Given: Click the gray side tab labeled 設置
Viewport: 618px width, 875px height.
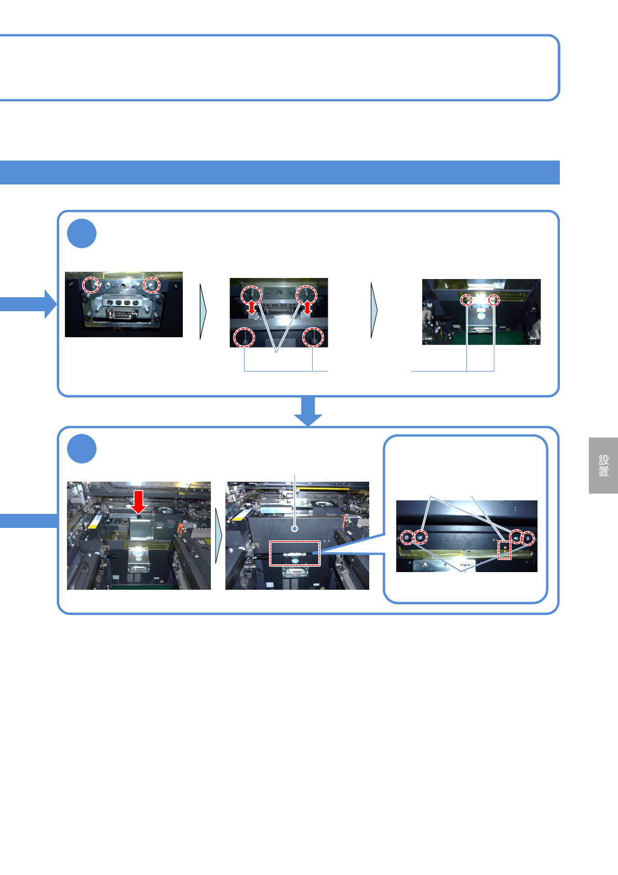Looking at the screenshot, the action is click(x=603, y=466).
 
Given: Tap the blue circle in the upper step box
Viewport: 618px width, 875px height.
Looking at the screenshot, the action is click(x=82, y=234).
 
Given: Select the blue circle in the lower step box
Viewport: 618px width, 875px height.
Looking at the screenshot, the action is click(x=82, y=449).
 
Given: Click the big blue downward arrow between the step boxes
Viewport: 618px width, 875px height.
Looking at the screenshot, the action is click(x=308, y=411).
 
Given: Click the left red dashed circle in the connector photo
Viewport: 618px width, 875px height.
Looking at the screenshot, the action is click(x=92, y=285).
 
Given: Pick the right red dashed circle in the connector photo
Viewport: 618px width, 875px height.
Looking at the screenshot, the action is click(x=152, y=285).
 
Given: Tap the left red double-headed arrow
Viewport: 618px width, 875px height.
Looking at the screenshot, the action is click(x=252, y=307).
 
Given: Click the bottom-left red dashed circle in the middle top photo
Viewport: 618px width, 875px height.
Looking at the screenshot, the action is click(x=244, y=337).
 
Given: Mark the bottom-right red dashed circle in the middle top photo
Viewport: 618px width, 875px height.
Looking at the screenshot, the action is click(x=313, y=337).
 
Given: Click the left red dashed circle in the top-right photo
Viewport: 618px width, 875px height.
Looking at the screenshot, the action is click(x=466, y=300).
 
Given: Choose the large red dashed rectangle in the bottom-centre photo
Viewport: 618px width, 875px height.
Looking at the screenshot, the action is click(x=294, y=553).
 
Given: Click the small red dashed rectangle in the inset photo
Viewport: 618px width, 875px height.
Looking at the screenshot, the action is click(x=504, y=550).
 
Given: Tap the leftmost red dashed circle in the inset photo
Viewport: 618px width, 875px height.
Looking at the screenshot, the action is click(x=407, y=538).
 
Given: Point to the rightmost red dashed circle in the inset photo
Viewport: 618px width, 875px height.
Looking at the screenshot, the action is click(x=528, y=538).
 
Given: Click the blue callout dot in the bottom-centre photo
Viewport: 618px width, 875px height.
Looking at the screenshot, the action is click(x=294, y=528).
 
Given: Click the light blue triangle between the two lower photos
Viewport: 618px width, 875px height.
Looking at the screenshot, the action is click(x=219, y=535).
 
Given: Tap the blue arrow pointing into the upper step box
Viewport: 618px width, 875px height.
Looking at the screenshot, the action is click(x=29, y=304).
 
